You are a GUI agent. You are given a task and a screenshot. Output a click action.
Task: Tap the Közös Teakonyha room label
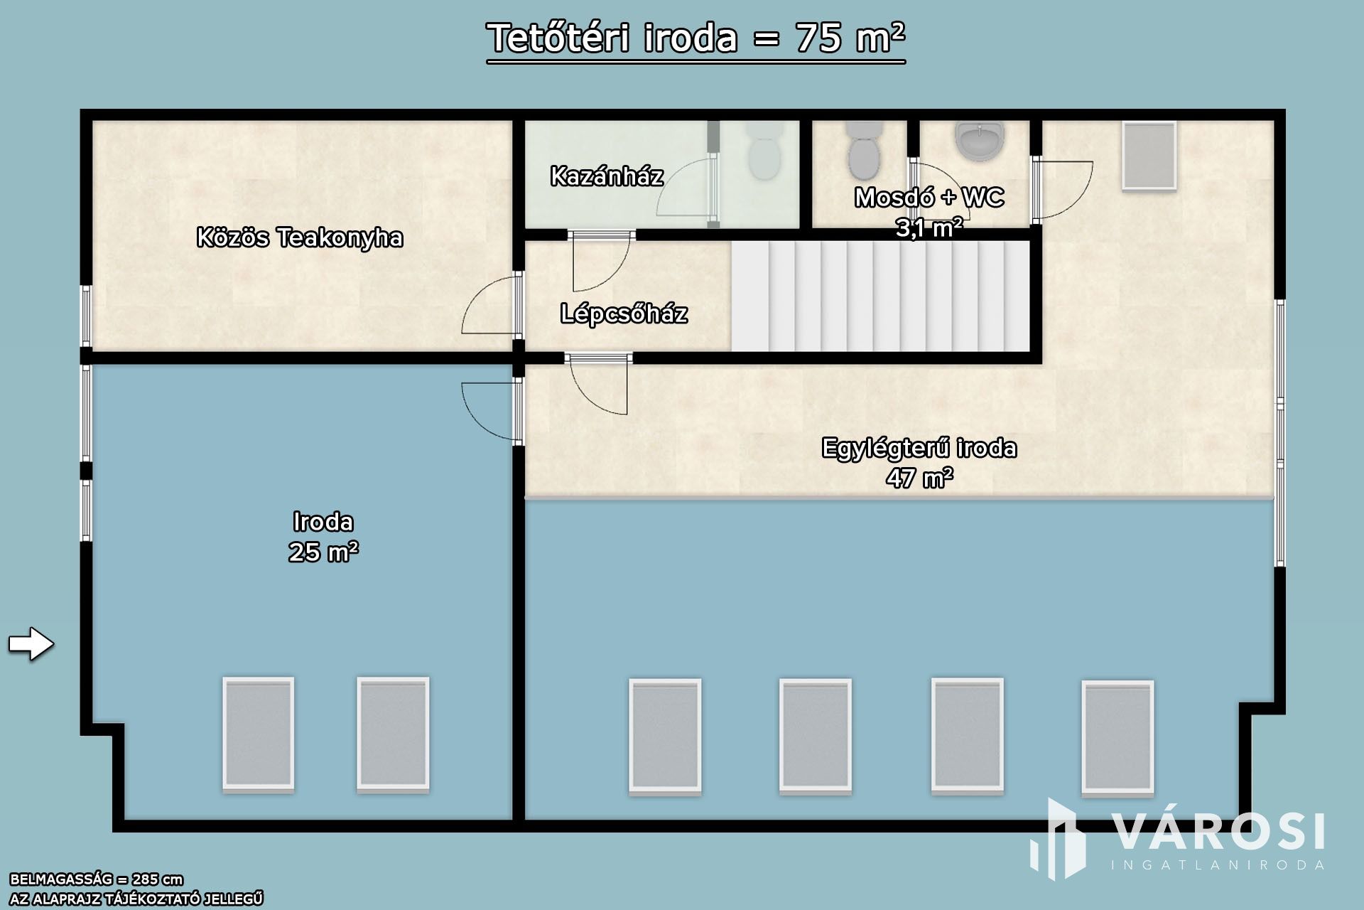click(x=300, y=237)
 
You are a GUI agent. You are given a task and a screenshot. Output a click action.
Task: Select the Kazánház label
click(x=607, y=176)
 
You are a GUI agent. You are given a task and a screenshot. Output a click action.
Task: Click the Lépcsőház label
click(x=624, y=313)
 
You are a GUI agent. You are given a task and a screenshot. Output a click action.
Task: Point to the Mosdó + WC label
click(x=929, y=197)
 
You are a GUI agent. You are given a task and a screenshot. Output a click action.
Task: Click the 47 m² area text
click(x=919, y=478)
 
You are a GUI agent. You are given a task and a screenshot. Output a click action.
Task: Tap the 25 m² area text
click(x=323, y=552)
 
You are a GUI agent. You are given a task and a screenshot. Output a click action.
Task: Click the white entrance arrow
click(x=31, y=644)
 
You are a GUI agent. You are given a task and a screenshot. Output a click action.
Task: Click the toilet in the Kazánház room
click(x=764, y=150)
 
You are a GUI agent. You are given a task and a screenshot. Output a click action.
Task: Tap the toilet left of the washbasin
click(x=864, y=150)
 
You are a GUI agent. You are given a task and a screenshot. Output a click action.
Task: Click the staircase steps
click(x=880, y=296)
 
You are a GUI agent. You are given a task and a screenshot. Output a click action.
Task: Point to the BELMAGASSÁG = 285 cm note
click(x=97, y=879)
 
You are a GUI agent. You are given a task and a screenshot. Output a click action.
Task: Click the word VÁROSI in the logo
click(x=1217, y=831)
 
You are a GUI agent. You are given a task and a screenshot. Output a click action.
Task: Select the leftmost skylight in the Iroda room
click(x=259, y=734)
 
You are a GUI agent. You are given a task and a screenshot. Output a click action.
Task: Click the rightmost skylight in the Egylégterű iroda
click(x=1117, y=737)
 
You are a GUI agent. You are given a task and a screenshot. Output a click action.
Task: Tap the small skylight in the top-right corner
click(x=1149, y=156)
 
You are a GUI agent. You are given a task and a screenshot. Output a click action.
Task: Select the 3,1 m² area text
click(x=929, y=227)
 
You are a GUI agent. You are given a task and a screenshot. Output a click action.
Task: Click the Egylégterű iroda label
click(x=919, y=448)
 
